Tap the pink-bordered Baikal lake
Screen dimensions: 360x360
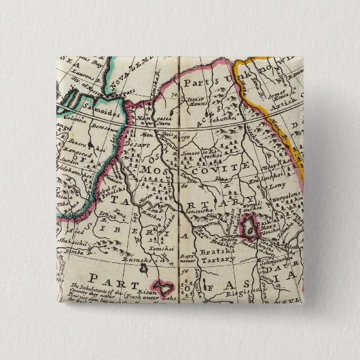[251, 224]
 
